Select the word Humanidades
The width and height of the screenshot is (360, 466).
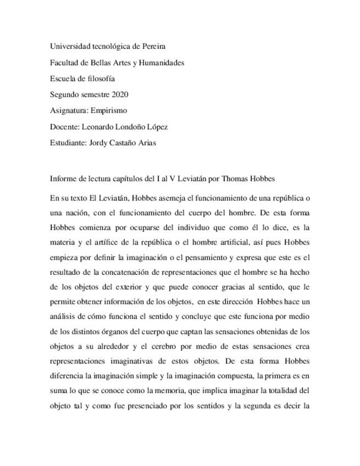[x=162, y=63]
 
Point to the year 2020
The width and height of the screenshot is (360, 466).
[x=120, y=95]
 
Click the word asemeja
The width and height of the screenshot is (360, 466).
[x=176, y=198]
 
